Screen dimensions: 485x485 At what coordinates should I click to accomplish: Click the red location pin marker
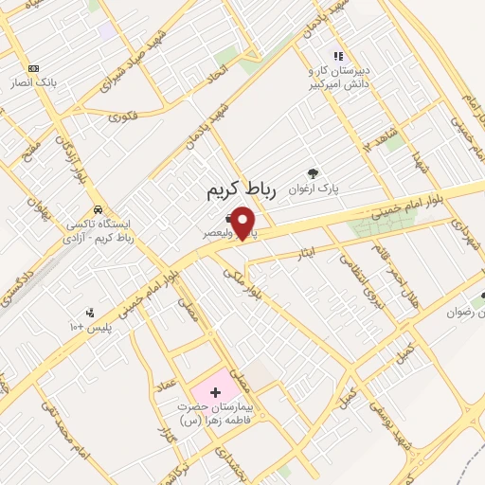(x=244, y=223)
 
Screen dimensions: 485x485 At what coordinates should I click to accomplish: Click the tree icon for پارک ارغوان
(x=314, y=172)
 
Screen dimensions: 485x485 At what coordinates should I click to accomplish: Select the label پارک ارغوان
(x=315, y=188)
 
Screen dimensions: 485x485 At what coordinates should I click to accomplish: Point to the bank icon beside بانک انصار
(x=34, y=68)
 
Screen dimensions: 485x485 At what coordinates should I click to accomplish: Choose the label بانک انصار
(x=42, y=82)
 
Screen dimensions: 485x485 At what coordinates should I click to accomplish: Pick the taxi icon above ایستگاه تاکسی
(x=98, y=210)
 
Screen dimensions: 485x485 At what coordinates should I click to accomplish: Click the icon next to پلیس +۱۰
(x=90, y=313)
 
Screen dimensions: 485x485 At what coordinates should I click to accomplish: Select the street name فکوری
(x=122, y=118)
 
